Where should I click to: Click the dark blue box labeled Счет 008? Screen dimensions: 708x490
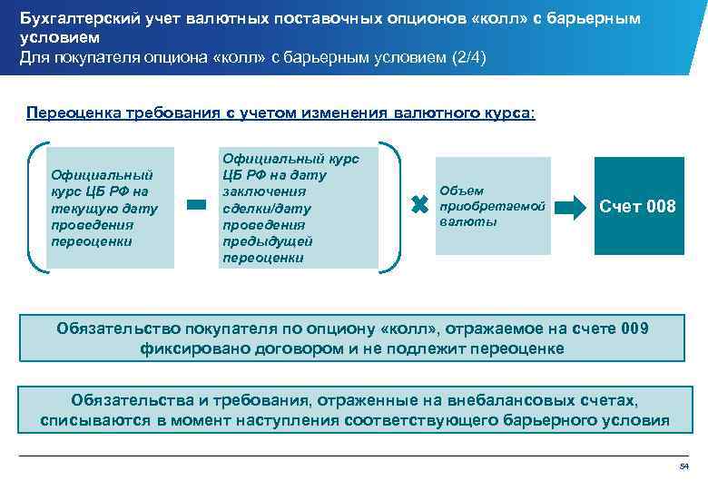tap(637, 206)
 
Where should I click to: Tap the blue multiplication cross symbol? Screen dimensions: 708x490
tap(419, 206)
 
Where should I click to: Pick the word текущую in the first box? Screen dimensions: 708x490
tap(87, 209)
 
